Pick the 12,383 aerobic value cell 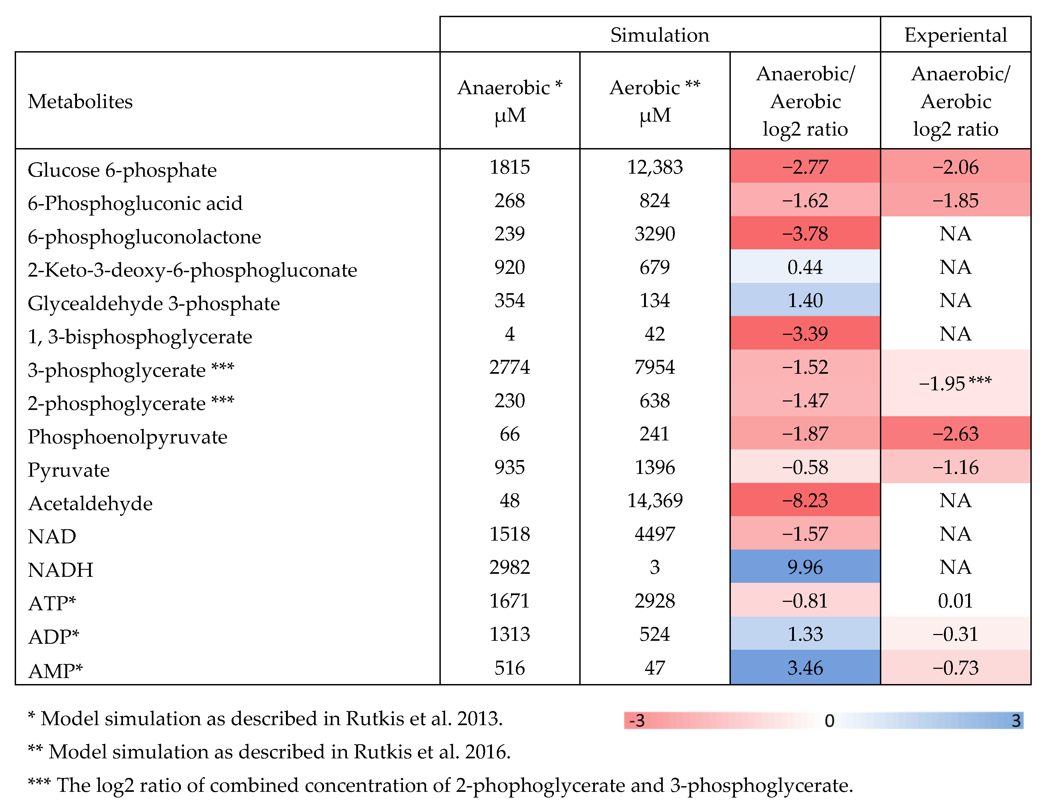[654, 167]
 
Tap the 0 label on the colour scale [829, 720]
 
